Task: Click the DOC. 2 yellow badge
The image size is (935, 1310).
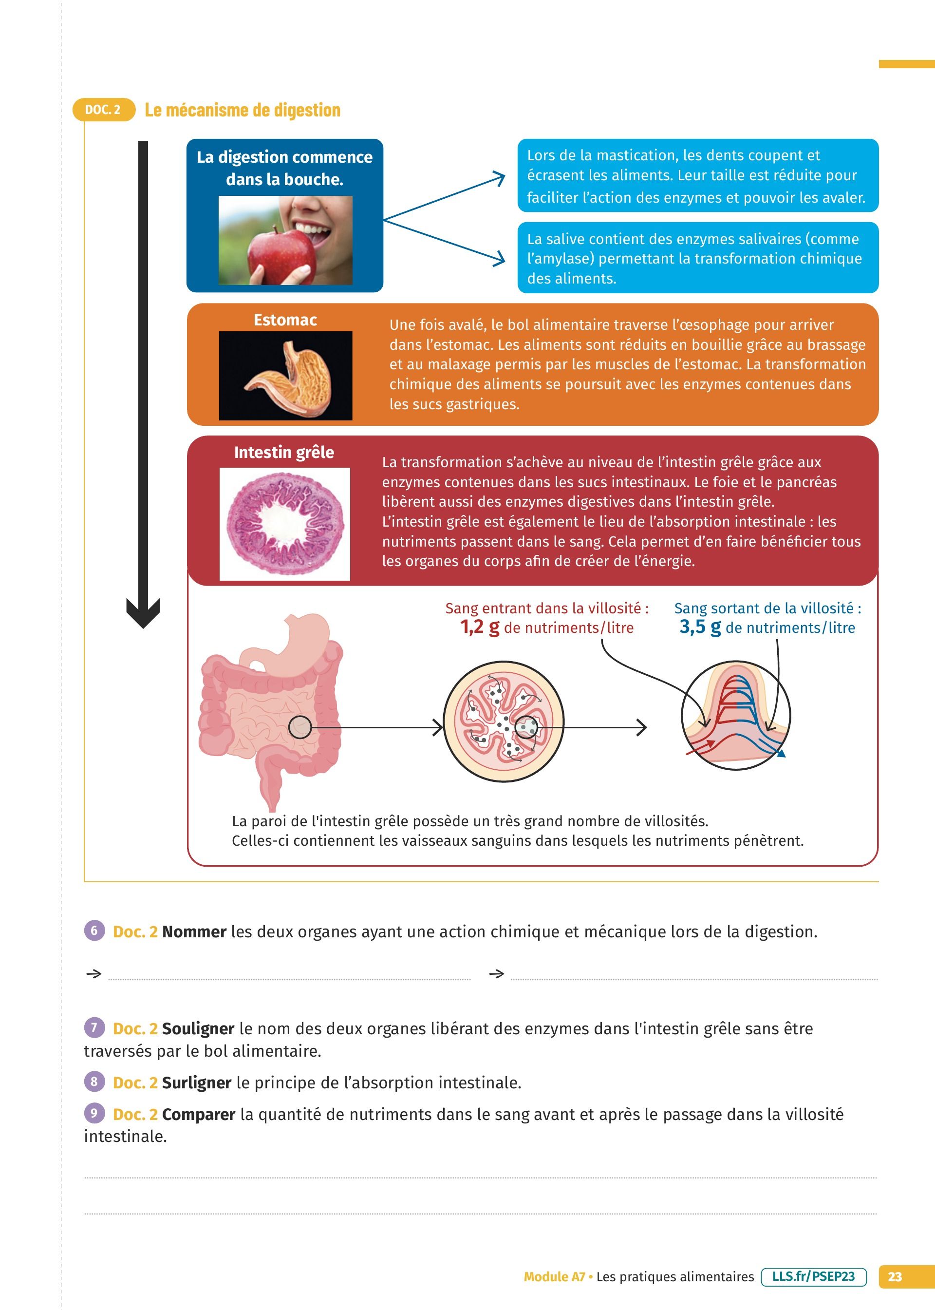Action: click(x=104, y=110)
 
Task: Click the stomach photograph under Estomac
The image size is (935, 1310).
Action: click(x=285, y=376)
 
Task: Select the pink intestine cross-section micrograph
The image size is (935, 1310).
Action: click(x=285, y=523)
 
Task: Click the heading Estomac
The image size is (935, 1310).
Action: click(x=285, y=320)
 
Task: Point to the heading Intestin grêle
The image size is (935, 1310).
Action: click(x=284, y=453)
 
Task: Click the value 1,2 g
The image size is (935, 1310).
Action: click(x=480, y=627)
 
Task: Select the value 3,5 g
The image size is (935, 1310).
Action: click(x=700, y=627)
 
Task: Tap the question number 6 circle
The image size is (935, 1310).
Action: click(x=94, y=930)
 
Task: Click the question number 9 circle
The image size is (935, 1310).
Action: click(x=94, y=1113)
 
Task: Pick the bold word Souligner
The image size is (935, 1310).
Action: click(x=198, y=1028)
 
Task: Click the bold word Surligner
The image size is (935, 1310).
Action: click(x=196, y=1082)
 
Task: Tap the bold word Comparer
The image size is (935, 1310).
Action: click(x=199, y=1114)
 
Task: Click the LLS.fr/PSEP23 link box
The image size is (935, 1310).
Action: click(x=814, y=1276)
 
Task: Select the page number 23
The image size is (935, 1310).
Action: click(x=895, y=1276)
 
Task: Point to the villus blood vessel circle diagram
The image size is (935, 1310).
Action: click(x=736, y=716)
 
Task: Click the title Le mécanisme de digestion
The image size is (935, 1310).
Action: click(x=243, y=110)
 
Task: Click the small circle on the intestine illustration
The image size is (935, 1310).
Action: click(x=299, y=727)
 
